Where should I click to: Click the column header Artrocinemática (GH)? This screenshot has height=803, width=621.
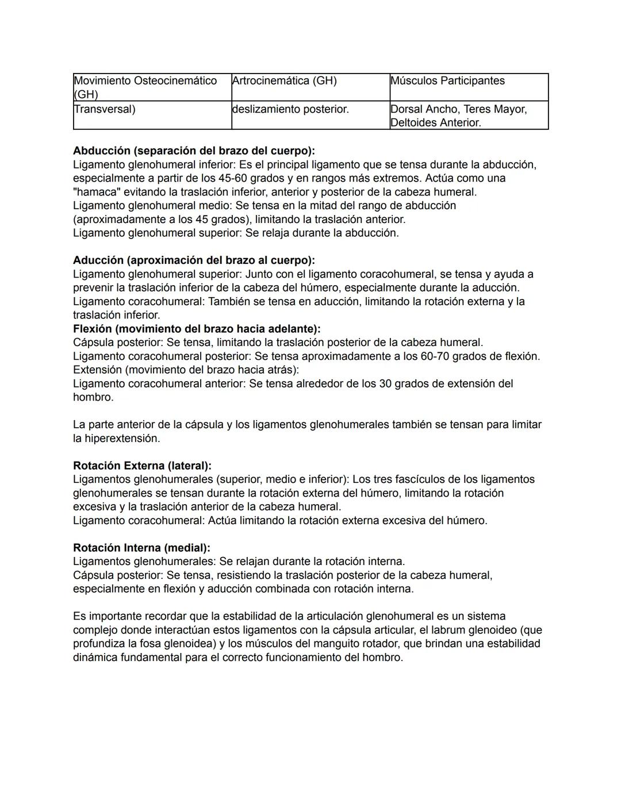tap(284, 81)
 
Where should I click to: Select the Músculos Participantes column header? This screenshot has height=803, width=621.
tap(447, 81)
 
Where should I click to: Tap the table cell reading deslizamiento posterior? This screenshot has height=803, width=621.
tap(290, 109)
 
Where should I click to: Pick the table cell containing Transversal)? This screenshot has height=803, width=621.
tap(105, 109)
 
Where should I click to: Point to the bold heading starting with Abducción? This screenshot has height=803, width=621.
tap(194, 151)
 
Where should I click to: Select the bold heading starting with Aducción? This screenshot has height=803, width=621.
tap(194, 260)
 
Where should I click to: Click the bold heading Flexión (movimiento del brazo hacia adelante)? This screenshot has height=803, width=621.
tap(197, 329)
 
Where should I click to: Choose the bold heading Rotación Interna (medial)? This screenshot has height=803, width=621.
tap(141, 548)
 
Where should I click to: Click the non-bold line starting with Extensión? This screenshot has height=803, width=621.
tap(186, 370)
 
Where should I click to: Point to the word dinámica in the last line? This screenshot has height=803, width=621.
tap(95, 658)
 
